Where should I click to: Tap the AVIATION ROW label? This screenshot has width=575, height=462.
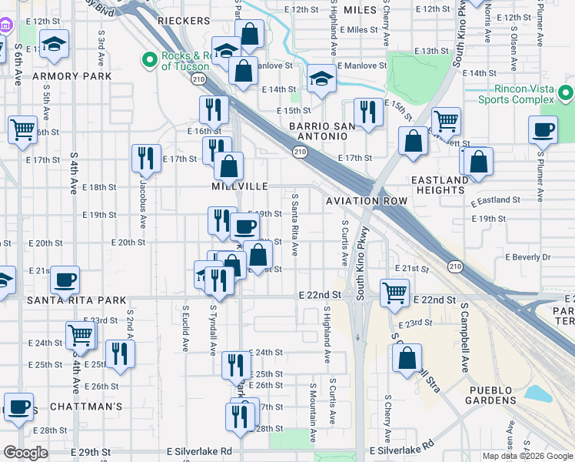tap(366, 200)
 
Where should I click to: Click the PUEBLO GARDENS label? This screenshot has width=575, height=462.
tap(492, 395)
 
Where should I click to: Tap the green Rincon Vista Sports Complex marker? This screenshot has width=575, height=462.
tap(567, 94)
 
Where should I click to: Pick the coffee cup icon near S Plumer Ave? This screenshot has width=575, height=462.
tap(543, 129)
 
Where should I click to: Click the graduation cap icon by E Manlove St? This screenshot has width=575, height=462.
tap(320, 78)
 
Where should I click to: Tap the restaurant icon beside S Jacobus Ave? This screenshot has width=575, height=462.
tap(146, 159)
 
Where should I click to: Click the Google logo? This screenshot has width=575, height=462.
tap(26, 453)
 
